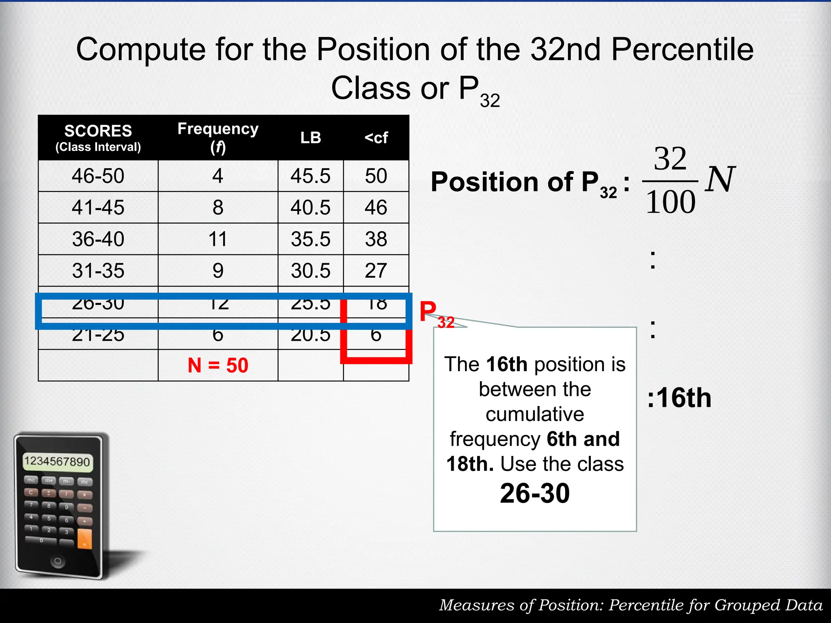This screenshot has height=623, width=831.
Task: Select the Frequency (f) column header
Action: click(218, 137)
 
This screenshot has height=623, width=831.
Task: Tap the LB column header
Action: click(310, 138)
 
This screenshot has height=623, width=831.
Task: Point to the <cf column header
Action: click(376, 138)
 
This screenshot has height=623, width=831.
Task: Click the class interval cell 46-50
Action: click(98, 176)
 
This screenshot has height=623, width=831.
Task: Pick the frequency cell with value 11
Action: click(218, 239)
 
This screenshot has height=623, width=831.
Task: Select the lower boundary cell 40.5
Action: click(310, 208)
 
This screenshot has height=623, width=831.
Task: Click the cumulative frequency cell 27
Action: click(376, 271)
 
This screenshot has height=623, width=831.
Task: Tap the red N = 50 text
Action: click(218, 365)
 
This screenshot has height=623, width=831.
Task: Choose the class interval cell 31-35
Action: click(98, 271)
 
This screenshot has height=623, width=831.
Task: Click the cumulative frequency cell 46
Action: click(376, 208)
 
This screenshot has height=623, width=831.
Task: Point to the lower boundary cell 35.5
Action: click(310, 239)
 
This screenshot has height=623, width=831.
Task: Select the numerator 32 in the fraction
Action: click(670, 159)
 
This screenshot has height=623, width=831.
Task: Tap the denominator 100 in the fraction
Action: click(670, 202)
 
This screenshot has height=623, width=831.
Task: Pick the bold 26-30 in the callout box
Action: click(535, 494)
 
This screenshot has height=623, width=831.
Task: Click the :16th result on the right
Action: click(679, 398)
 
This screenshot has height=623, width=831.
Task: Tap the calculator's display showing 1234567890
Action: click(57, 462)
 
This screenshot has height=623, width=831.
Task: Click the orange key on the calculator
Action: click(84, 539)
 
